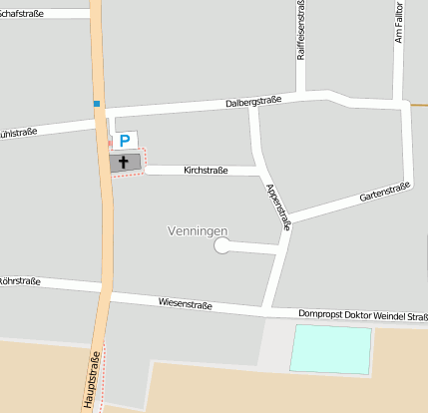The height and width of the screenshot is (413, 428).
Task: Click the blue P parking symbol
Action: (x=125, y=142)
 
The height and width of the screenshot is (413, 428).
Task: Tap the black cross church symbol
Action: (x=125, y=163)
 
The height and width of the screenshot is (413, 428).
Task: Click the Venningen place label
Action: (x=197, y=231)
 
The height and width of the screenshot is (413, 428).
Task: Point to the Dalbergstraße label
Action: (x=253, y=101)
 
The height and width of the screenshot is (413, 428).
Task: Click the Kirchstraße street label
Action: (x=207, y=171)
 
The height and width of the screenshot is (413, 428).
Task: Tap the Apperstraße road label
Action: (x=278, y=206)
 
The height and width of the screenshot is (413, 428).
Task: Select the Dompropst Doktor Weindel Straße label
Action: (x=362, y=316)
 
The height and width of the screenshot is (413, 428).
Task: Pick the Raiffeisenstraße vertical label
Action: (x=301, y=31)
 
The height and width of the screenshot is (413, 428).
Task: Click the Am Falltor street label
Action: (x=398, y=23)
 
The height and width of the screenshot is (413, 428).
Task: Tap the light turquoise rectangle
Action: (x=330, y=349)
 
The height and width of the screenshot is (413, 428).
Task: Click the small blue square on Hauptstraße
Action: (x=97, y=103)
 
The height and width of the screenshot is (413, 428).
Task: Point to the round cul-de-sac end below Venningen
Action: (x=221, y=245)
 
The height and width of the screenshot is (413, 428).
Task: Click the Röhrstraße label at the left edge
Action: (x=20, y=281)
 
